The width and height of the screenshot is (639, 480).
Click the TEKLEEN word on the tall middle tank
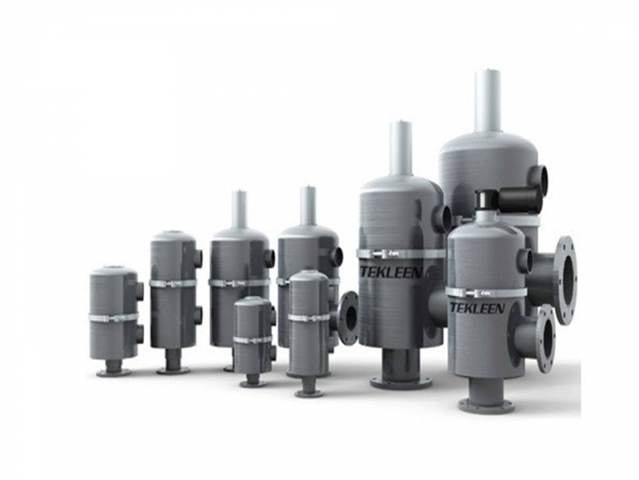tap(390, 272)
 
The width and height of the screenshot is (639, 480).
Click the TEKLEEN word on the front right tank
tap(477, 307)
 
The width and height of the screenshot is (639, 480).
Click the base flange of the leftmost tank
tap(114, 372)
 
